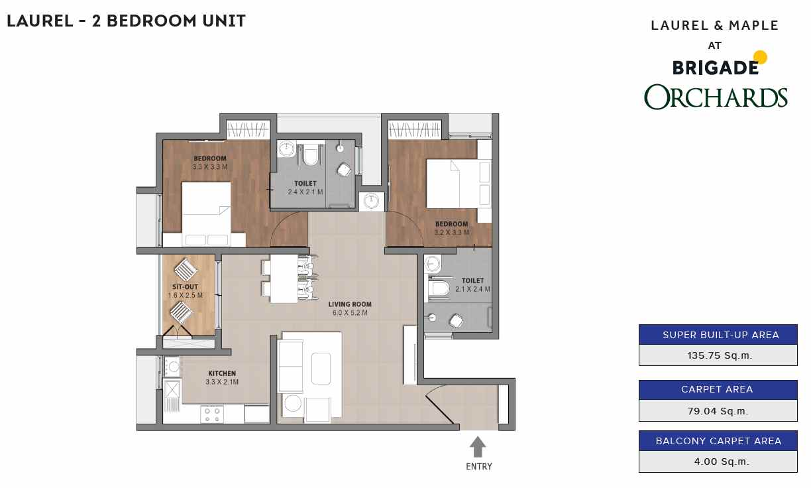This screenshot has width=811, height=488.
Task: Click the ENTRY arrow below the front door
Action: pos(478,447)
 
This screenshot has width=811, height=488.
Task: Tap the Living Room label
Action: pos(350,304)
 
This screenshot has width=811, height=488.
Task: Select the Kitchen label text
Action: pos(222,373)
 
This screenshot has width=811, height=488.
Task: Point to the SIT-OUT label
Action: pos(185,287)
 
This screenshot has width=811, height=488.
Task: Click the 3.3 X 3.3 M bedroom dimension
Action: pos(210,167)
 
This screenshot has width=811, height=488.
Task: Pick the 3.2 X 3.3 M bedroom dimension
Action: pos(452,232)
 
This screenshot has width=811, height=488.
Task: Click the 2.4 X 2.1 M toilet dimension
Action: pos(305,192)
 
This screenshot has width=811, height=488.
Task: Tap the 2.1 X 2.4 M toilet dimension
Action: pos(473,289)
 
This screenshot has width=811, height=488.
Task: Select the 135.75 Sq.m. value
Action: pos(720,355)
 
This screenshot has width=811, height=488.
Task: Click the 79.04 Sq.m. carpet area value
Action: pos(718,411)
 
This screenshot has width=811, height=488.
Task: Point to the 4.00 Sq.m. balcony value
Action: pos(722,461)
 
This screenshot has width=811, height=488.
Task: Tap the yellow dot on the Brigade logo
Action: pos(761,57)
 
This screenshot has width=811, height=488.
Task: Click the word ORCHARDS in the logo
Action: pos(716,97)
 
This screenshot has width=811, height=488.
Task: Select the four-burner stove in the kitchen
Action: pos(212,415)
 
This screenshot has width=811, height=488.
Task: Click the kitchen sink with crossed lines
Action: pos(172,390)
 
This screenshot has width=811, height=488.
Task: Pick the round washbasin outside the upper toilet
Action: pos(371,201)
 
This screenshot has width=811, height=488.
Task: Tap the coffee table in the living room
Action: pos(321,369)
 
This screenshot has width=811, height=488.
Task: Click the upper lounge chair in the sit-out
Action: pos(186,270)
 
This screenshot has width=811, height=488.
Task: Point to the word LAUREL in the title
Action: pos(40,21)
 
